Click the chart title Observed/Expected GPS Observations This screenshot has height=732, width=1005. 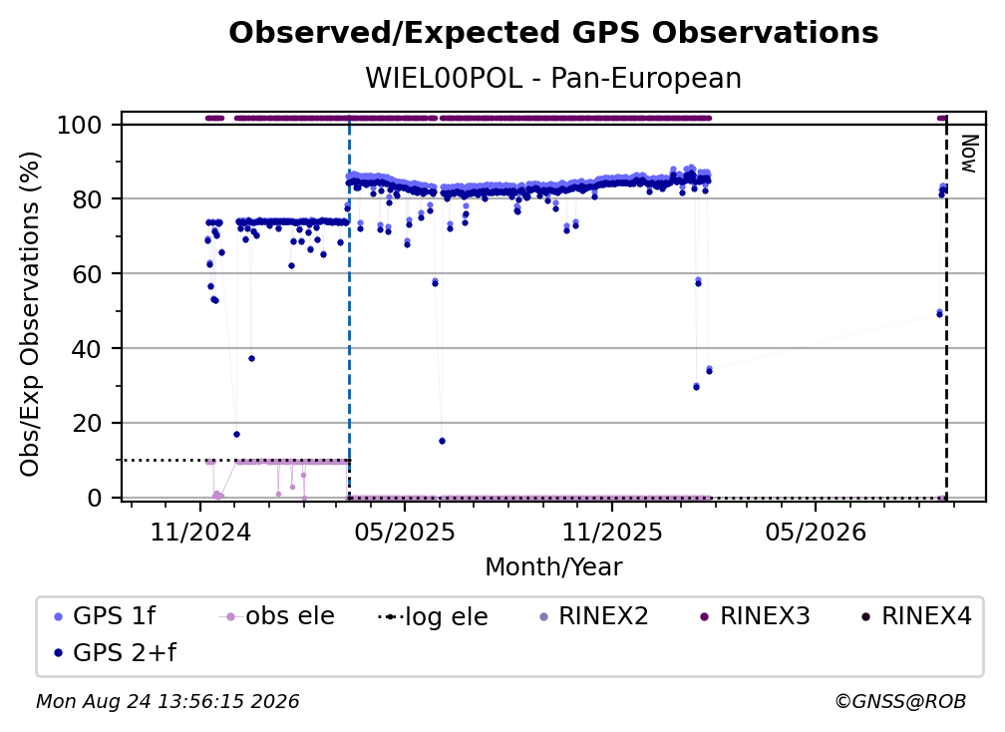[x=553, y=33]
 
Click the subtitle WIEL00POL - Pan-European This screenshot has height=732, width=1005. [x=553, y=79]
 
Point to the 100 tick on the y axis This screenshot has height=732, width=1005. [x=79, y=125]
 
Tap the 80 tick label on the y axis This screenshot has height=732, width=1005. [x=87, y=199]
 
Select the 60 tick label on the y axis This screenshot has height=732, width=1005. [x=87, y=274]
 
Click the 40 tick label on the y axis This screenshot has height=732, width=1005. [x=87, y=349]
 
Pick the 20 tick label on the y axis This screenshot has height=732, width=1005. [x=87, y=424]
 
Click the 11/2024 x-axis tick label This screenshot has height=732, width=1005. [x=200, y=533]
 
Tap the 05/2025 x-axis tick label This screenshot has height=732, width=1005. [x=405, y=533]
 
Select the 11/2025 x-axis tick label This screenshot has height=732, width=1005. [x=612, y=533]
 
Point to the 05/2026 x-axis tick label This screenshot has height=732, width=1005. [x=816, y=533]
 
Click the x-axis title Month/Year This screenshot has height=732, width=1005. [x=553, y=567]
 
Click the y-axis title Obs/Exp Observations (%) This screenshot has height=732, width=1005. [x=30, y=314]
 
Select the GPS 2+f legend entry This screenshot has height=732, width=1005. [x=116, y=652]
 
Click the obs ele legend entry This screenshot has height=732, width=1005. [x=277, y=616]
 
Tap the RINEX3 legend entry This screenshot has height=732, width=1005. [x=755, y=616]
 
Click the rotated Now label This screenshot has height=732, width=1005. [x=969, y=154]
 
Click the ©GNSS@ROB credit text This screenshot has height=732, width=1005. [x=900, y=702]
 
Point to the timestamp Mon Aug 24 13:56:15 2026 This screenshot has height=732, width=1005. [x=167, y=702]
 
